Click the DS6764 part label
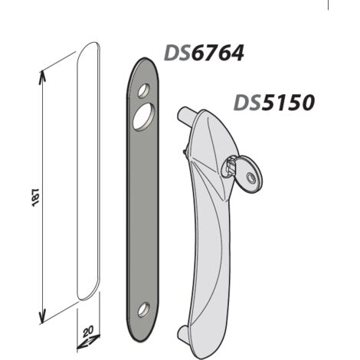pos(204,53)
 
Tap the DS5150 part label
pos(274,103)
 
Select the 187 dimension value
pos(36,198)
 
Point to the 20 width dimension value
pos(88,332)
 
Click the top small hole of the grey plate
pos(144,90)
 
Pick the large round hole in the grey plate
pos(144,117)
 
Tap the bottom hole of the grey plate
pos(144,309)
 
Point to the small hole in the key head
pos(250,177)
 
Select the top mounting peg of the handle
pos(185,115)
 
